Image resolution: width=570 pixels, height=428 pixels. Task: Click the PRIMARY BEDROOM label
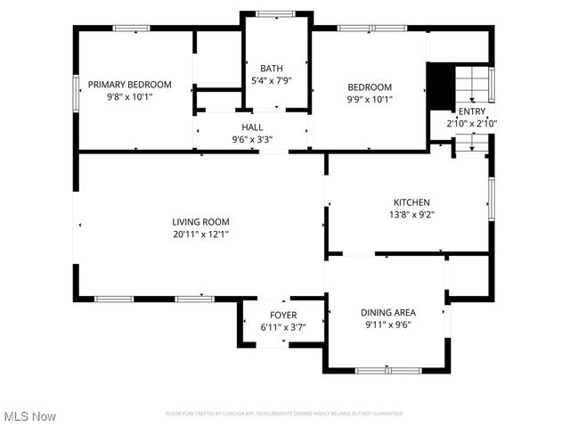tap(137, 85)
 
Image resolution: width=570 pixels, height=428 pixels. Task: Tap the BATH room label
tap(272, 69)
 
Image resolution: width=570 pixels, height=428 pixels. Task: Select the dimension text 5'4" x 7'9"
tap(272, 80)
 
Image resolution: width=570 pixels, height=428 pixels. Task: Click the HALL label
tap(252, 128)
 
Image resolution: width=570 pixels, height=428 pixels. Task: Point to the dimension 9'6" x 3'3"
tap(252, 140)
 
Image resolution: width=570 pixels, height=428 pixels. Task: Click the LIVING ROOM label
tap(200, 222)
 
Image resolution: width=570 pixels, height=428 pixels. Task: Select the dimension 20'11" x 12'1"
tap(200, 235)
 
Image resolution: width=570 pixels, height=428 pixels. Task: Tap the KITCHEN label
tap(411, 202)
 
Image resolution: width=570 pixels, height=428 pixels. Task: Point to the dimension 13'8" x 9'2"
tap(411, 215)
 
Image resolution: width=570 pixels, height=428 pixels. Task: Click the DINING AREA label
tap(388, 312)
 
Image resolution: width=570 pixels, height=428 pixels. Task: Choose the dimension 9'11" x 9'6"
tap(388, 325)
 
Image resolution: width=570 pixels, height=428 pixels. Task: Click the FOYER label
tap(283, 316)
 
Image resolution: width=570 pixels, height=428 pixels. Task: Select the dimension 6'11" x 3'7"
tap(283, 327)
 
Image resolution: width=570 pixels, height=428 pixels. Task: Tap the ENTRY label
tap(471, 111)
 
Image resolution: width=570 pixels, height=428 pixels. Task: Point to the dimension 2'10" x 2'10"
tap(471, 124)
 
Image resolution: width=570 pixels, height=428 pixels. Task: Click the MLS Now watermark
tap(30, 416)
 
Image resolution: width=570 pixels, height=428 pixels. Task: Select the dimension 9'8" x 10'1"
tap(137, 97)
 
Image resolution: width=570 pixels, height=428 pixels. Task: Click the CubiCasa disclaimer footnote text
tap(285, 414)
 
